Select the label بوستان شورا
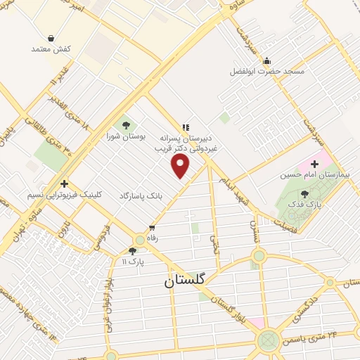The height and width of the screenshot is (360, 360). click(x=126, y=138)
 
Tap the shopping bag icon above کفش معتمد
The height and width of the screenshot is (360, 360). click(x=51, y=38)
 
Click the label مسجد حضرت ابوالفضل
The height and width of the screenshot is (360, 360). click(x=264, y=71)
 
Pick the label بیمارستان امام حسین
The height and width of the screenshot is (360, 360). click(x=327, y=173)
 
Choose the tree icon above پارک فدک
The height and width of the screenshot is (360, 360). click(x=304, y=193)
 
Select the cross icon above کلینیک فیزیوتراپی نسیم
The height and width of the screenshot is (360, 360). click(x=64, y=184)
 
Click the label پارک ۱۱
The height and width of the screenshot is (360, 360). click(x=132, y=262)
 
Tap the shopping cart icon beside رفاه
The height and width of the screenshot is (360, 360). click(x=151, y=229)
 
